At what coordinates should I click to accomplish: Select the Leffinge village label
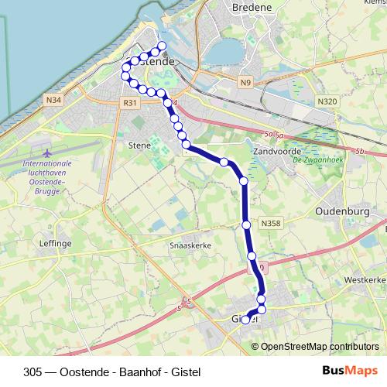pos(55,243)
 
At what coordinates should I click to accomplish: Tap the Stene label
pos(139,144)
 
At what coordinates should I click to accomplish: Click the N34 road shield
pos(54,100)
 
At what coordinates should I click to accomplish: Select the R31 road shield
pos(129,103)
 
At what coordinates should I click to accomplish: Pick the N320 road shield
pos(328,101)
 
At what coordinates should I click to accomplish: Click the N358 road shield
pos(270,224)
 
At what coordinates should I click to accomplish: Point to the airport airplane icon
pos(46,152)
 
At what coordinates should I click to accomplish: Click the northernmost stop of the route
pos(163,44)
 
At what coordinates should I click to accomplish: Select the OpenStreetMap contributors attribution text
pos(320,347)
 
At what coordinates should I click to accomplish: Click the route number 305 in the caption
pos(33,372)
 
